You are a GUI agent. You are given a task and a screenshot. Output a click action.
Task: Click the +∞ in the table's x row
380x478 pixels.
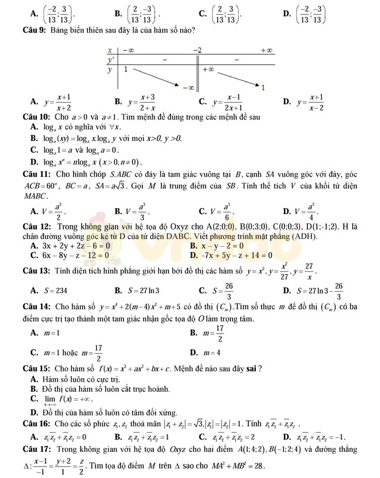click(x=267, y=51)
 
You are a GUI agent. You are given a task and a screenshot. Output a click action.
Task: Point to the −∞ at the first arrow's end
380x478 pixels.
click(x=188, y=87)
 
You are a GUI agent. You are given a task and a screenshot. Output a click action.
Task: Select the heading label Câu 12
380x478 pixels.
click(x=35, y=227)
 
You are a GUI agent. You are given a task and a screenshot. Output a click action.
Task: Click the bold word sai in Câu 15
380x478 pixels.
click(x=253, y=368)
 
